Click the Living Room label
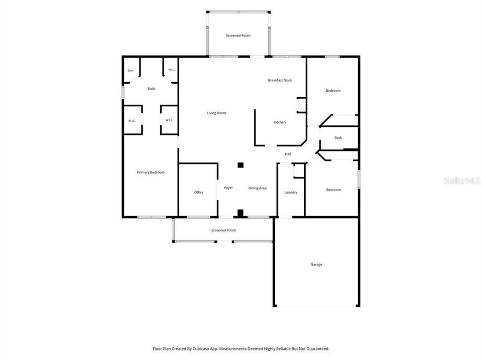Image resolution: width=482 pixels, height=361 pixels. click(x=216, y=113)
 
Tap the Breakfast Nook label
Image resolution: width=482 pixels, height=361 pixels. click(x=280, y=80)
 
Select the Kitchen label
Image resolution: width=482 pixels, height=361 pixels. click(x=280, y=122)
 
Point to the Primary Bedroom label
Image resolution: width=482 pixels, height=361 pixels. click(x=151, y=172)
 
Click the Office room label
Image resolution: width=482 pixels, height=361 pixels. click(x=199, y=193)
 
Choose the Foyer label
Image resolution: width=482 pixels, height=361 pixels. click(x=228, y=188)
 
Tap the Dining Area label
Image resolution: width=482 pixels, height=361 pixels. click(x=257, y=188)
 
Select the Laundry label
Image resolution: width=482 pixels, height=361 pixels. click(x=291, y=193)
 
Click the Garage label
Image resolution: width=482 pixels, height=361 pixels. click(x=316, y=264)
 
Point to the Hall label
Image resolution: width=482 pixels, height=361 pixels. click(x=288, y=154)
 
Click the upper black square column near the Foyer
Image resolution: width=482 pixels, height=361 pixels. click(x=240, y=165)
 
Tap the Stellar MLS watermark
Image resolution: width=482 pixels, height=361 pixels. click(x=462, y=180)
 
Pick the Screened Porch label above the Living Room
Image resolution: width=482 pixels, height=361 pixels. click(x=238, y=36)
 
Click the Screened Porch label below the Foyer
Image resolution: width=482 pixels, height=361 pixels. click(x=223, y=230)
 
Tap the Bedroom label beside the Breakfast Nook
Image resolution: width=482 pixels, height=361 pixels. click(x=333, y=91)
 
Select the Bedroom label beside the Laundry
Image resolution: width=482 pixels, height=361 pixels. click(x=333, y=190)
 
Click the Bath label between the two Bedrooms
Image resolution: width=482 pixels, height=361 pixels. click(x=338, y=138)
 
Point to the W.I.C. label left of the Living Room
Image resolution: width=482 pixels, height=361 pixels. click(x=169, y=120)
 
